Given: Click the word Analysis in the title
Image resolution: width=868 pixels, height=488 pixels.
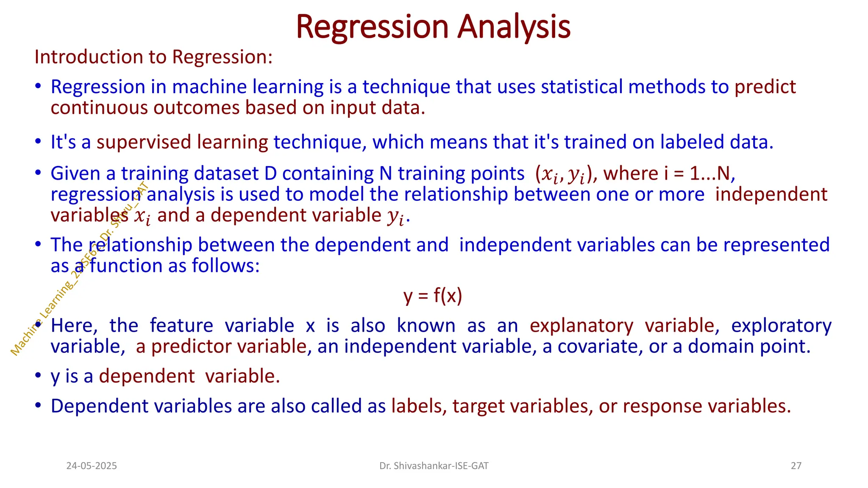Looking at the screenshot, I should [514, 27].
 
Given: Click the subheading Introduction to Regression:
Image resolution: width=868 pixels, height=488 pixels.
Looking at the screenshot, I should [153, 57].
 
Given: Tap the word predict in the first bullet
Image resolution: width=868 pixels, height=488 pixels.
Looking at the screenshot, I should [765, 87].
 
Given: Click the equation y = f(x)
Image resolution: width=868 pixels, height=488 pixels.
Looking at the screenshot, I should [433, 295].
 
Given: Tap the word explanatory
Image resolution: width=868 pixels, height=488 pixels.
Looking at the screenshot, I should [581, 325].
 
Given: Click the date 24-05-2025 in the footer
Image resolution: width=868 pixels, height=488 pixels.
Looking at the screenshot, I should [92, 466].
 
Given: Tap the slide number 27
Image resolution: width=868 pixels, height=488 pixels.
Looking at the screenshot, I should [796, 466].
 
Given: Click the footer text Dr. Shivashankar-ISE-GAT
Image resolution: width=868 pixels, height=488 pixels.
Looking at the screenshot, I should [434, 466].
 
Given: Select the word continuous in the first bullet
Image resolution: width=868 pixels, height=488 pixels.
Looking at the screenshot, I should [99, 108].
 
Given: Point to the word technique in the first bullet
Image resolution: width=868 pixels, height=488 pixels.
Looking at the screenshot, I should [406, 87].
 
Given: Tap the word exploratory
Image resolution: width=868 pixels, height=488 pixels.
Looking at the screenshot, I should [781, 325].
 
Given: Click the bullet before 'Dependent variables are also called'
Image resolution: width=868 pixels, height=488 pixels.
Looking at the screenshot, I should [38, 405].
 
